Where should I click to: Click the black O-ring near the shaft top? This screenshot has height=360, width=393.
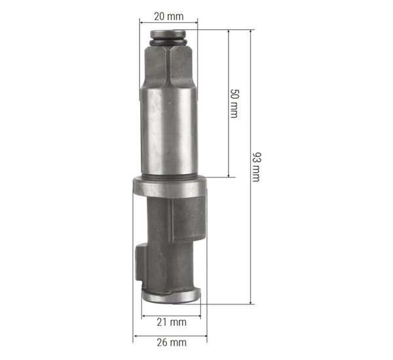[x=170, y=43]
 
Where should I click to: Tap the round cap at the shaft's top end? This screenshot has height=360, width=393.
[x=170, y=35]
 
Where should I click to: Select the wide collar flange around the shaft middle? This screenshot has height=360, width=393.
[x=170, y=186]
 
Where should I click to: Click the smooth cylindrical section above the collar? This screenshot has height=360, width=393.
[x=170, y=131]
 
